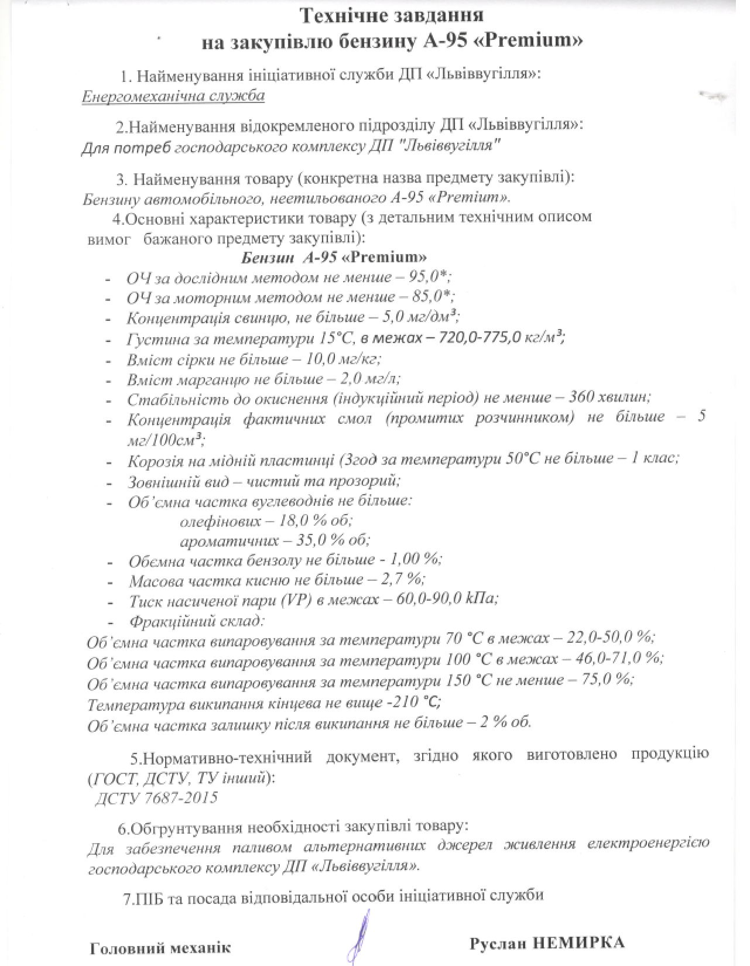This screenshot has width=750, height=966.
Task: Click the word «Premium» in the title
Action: point(533,42)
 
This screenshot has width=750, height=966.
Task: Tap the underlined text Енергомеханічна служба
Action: point(173,96)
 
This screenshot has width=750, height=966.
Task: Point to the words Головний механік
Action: point(160,948)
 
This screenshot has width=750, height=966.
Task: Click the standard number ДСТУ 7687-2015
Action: point(156,797)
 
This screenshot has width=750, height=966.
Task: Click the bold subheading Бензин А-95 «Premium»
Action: point(334,257)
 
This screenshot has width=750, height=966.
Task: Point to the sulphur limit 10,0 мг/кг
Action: point(346,359)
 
